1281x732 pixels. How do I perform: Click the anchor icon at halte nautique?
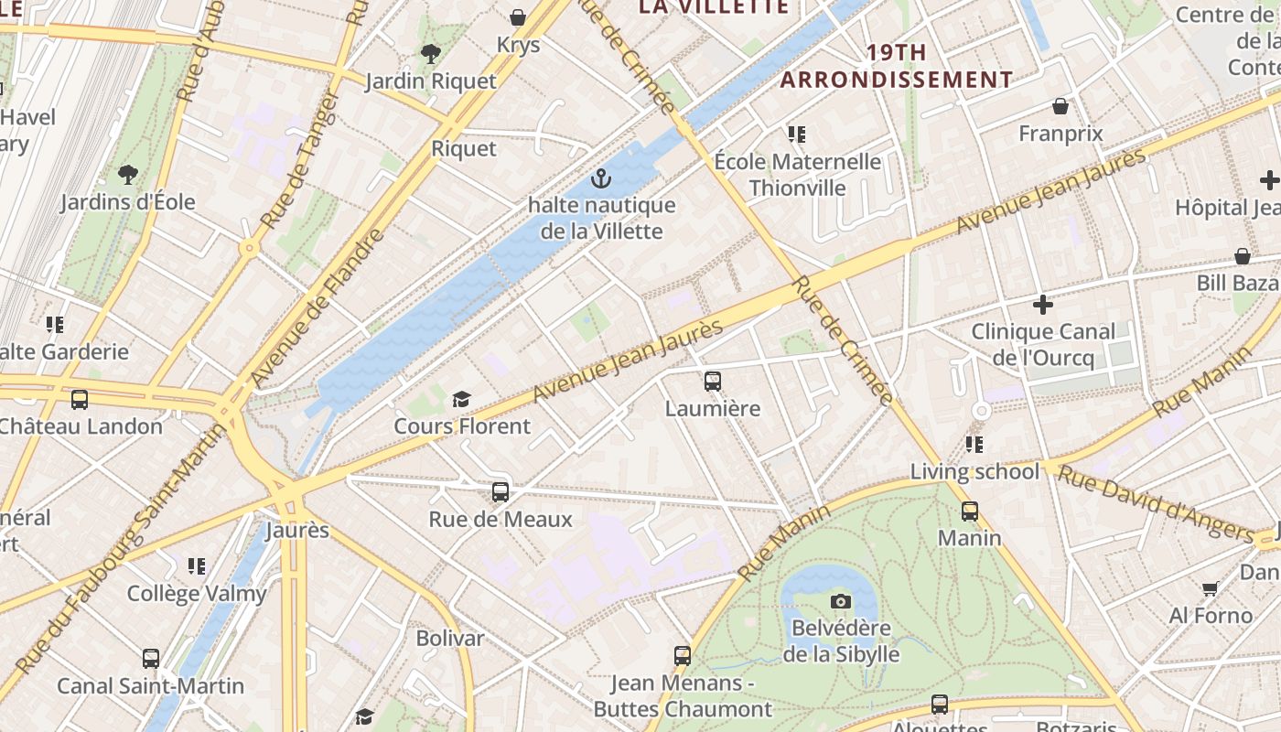[x=600, y=178]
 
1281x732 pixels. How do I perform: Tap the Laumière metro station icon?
[x=713, y=382]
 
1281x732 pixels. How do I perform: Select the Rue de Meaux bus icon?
[x=501, y=492]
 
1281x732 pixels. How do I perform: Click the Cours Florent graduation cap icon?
[x=461, y=400]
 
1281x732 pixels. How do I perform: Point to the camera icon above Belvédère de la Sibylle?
[x=841, y=601]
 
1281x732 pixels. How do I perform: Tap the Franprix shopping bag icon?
[x=1060, y=107]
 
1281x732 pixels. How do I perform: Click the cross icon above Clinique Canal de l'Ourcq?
[x=1042, y=305]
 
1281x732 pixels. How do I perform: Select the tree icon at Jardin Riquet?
[x=430, y=54]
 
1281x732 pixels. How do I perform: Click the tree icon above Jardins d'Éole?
[x=128, y=174]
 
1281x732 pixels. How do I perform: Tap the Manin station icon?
[x=970, y=511]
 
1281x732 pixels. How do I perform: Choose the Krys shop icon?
[x=518, y=17]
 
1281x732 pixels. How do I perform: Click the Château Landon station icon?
[x=80, y=400]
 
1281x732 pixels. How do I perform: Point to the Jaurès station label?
[x=297, y=531]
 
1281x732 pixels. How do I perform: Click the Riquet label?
[x=464, y=148]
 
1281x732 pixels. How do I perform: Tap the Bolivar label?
[x=449, y=638]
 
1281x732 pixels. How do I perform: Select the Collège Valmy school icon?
[x=197, y=566]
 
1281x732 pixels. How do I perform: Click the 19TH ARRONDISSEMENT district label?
[x=897, y=66]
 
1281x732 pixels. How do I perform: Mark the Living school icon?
[x=974, y=445]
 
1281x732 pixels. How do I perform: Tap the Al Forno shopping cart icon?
[x=1211, y=588]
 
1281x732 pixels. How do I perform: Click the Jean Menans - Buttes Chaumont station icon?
[x=683, y=656]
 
